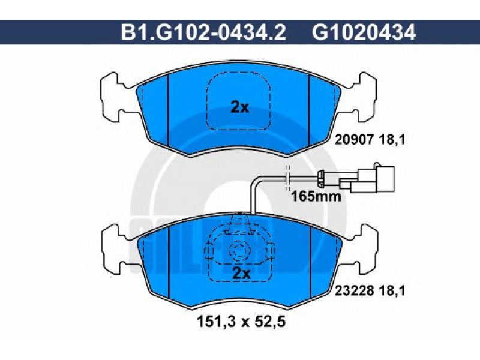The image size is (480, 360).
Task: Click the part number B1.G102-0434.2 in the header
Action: pos(203,32)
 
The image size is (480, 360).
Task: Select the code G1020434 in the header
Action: pos(364,32)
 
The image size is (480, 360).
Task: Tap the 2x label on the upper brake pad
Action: pos(239,107)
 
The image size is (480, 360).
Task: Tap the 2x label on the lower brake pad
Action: pos(242,273)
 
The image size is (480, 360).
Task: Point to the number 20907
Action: pos(355,140)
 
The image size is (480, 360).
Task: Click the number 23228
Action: pos(355,290)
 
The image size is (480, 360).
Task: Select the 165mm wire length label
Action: pos(316,196)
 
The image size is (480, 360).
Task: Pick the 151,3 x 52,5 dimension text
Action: pos(241,322)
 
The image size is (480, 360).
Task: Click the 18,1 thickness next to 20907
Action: pos(392,140)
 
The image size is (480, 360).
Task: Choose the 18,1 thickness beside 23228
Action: pos(392,290)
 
